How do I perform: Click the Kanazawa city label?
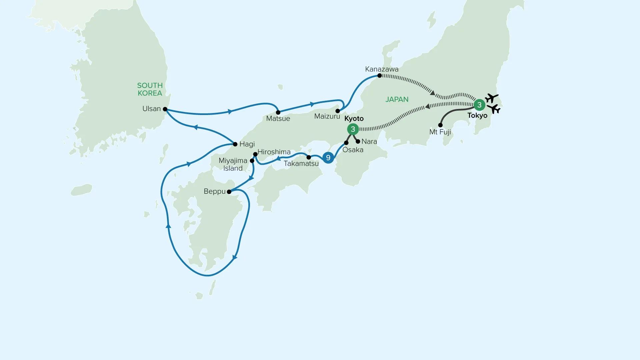382,69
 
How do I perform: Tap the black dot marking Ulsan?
165,109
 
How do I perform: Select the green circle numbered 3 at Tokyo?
479,105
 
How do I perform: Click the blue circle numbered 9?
328,158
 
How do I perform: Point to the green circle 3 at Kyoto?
353,129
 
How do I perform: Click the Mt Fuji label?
440,132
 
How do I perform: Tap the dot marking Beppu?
229,192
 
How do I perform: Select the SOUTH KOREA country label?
150,89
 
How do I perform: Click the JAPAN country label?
397,99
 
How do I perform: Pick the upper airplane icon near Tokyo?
491,98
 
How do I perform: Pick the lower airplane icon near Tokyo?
494,109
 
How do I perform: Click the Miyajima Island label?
233,164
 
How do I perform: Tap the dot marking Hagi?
235,144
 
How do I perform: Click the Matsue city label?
278,119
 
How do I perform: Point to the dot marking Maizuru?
338,111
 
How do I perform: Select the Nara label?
369,141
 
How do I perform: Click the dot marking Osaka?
346,143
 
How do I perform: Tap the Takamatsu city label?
301,164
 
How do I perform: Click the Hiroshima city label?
274,152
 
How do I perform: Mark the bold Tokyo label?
477,116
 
